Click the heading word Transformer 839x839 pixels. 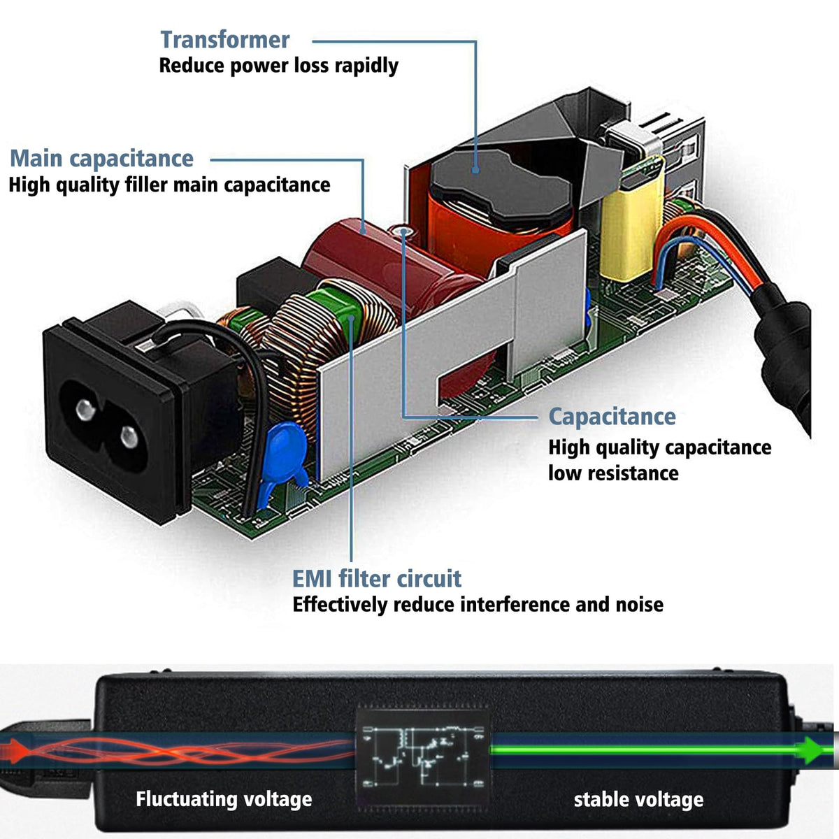pyautogui.click(x=224, y=40)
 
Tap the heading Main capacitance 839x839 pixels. pyautogui.click(x=101, y=159)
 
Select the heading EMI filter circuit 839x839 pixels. pyautogui.click(x=377, y=579)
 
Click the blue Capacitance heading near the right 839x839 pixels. pyautogui.click(x=612, y=417)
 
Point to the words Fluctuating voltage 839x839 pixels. pyautogui.click(x=224, y=799)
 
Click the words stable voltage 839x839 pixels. pyautogui.click(x=638, y=800)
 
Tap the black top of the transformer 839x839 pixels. pyautogui.click(x=500, y=175)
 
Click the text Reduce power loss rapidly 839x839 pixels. pyautogui.click(x=278, y=66)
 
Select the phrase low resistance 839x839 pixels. pyautogui.click(x=613, y=473)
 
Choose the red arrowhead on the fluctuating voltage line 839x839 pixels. pyautogui.click(x=20, y=750)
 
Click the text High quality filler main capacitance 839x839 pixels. pyautogui.click(x=169, y=185)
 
